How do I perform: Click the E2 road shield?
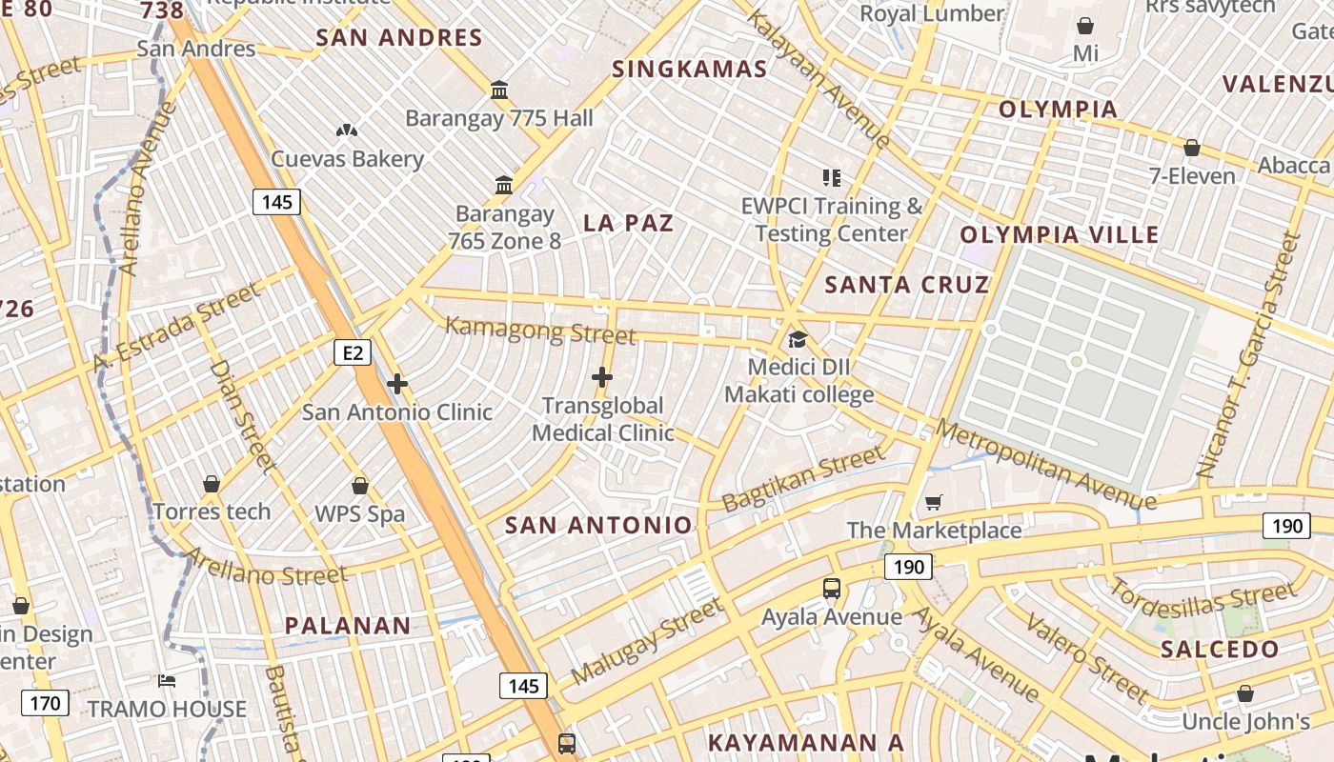pyautogui.click(x=353, y=353)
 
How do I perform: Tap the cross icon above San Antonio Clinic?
pyautogui.click(x=397, y=384)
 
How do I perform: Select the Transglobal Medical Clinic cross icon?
pyautogui.click(x=601, y=377)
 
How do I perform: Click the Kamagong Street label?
pyautogui.click(x=540, y=331)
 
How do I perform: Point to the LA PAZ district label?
pyautogui.click(x=628, y=224)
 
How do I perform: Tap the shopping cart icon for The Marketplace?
pyautogui.click(x=934, y=502)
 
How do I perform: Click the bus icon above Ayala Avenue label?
pyautogui.click(x=832, y=589)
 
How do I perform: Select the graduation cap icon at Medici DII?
pyautogui.click(x=797, y=340)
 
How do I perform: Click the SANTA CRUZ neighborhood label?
pyautogui.click(x=906, y=285)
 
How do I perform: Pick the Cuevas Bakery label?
pyautogui.click(x=347, y=159)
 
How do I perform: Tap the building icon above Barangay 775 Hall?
pyautogui.click(x=498, y=90)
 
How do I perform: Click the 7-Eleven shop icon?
pyautogui.click(x=1191, y=148)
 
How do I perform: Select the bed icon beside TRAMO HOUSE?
pyautogui.click(x=167, y=681)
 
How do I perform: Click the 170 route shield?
pyautogui.click(x=45, y=704)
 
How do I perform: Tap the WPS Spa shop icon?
pyautogui.click(x=359, y=486)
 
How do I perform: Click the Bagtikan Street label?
pyautogui.click(x=803, y=480)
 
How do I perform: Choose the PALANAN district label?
pyautogui.click(x=348, y=626)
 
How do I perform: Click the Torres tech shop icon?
pyautogui.click(x=212, y=484)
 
